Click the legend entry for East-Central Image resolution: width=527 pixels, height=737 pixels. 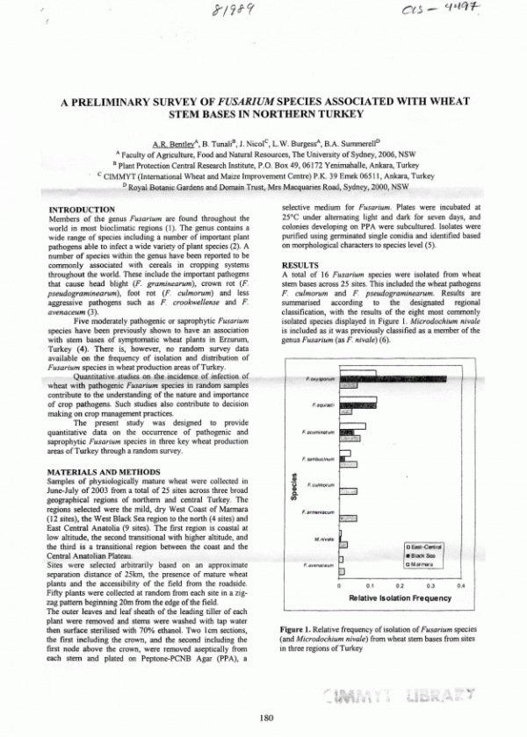pos(425,547)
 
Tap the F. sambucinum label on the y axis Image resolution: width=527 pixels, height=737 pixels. pos(317,459)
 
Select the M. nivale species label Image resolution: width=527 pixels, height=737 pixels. pos(323,539)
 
